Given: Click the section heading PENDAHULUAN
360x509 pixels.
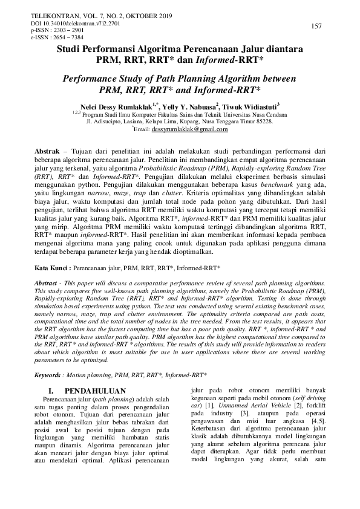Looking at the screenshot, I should [95, 374].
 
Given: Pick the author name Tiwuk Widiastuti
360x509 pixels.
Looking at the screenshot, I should [247, 105].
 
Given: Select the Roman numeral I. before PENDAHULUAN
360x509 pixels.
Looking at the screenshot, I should [52, 374].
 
